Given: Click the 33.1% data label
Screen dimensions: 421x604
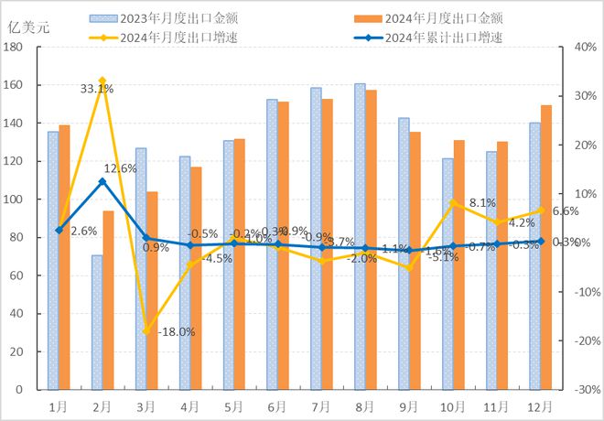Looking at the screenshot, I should tap(96, 89).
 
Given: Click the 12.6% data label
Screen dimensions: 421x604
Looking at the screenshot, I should tap(120, 168).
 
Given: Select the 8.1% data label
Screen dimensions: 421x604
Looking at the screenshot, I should tap(481, 203).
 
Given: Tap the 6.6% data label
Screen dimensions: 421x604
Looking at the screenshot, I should tap(566, 211).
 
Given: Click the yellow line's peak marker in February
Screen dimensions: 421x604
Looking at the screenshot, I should tap(102, 81).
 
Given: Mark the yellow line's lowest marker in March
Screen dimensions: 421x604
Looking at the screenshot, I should tap(146, 330).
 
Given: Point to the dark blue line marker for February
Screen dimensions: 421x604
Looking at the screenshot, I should tap(102, 181).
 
